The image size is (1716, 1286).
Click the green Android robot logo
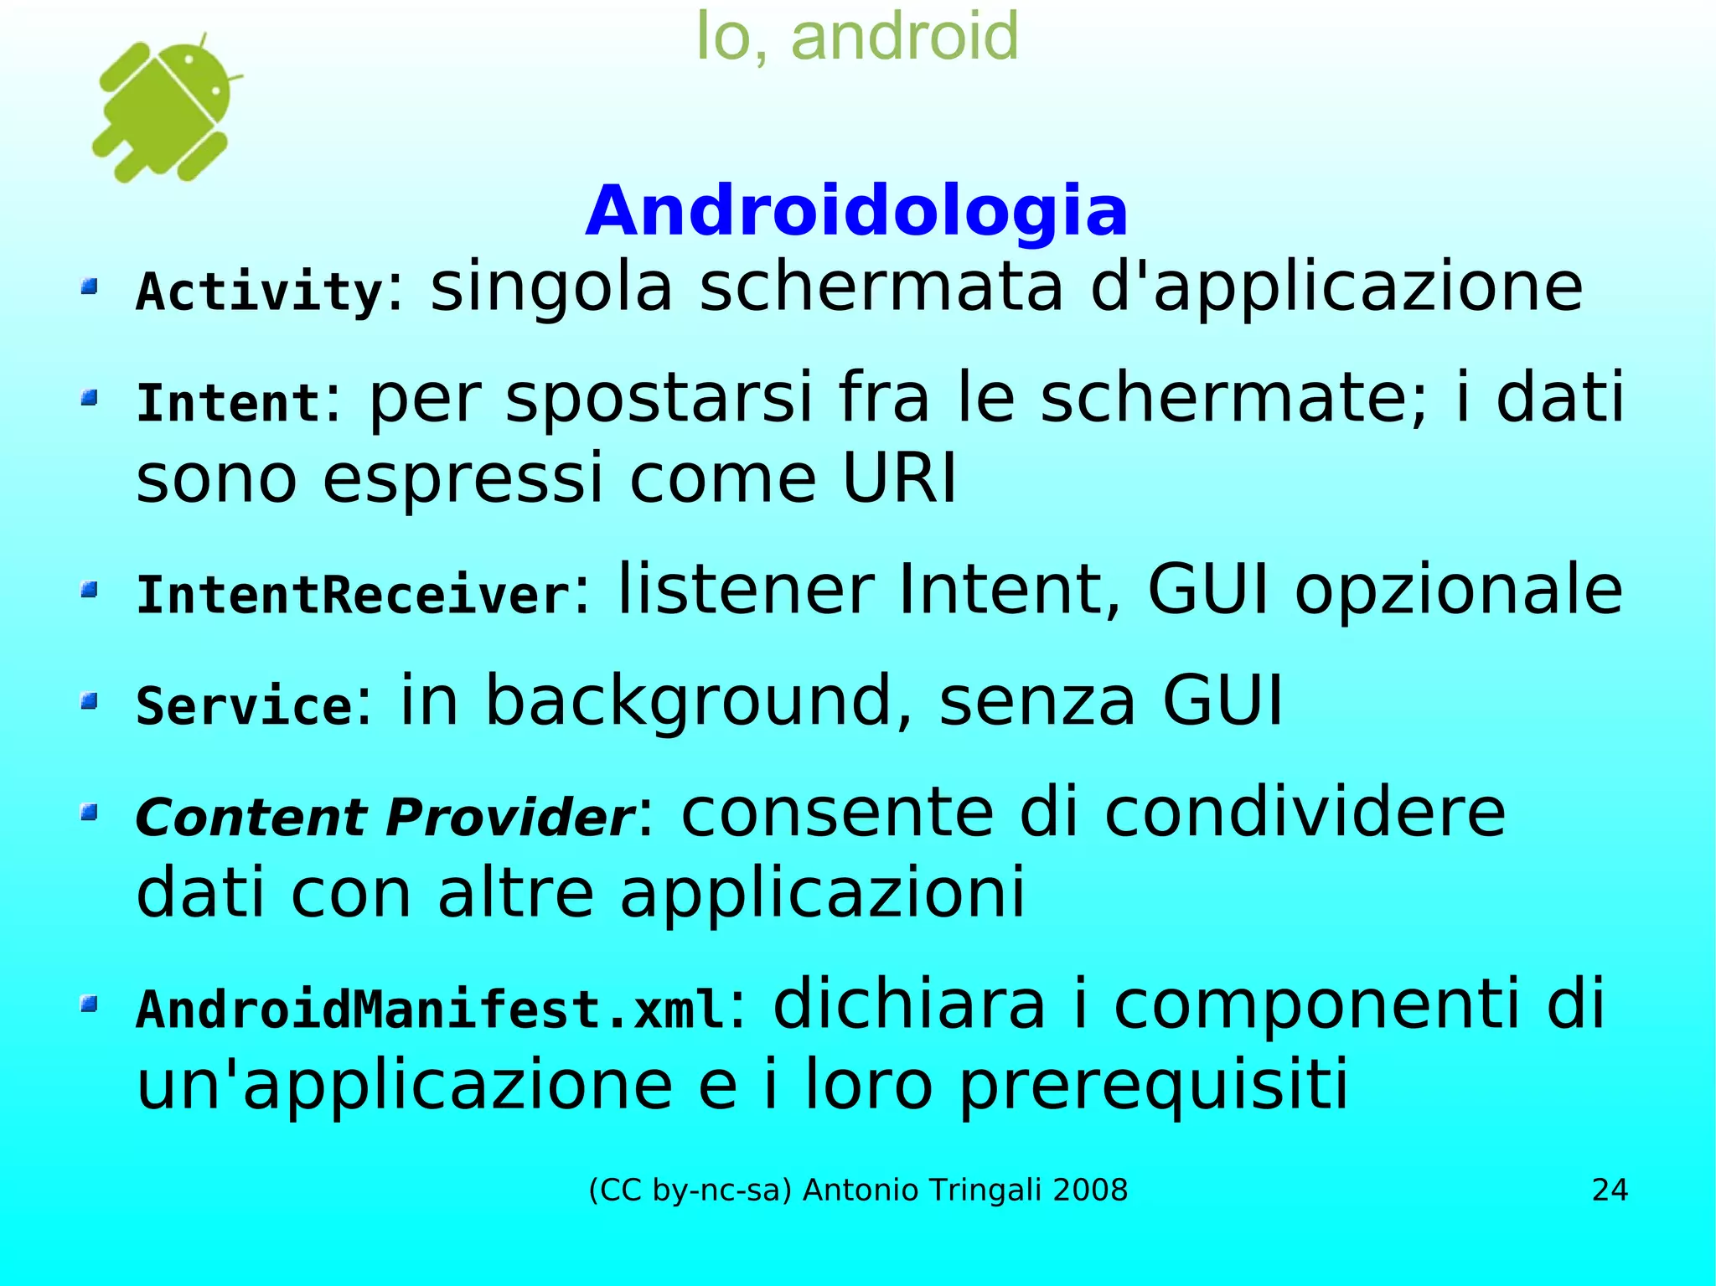tap(164, 109)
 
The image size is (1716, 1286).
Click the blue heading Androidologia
tap(856, 211)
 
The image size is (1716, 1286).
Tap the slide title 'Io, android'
tap(857, 37)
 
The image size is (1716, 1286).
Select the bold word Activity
tap(260, 292)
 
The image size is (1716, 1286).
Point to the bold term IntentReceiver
tap(353, 595)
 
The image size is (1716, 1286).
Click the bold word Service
tap(245, 705)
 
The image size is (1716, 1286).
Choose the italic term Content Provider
tap(385, 817)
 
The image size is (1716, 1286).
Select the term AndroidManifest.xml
tap(431, 1009)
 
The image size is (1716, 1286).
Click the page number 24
tap(1610, 1190)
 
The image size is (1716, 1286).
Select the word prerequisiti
tap(1153, 1086)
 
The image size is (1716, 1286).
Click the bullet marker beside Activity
tap(90, 287)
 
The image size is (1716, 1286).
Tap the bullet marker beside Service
tap(90, 700)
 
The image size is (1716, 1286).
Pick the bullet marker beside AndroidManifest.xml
tap(90, 1003)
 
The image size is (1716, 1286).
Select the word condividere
tap(1305, 813)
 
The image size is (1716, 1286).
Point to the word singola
tap(550, 288)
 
